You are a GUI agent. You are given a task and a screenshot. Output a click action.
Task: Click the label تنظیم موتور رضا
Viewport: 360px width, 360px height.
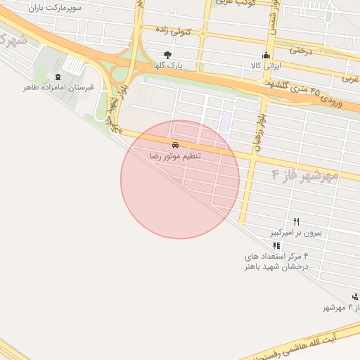(x=175, y=155)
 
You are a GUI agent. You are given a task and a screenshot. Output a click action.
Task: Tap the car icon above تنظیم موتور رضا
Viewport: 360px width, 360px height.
(x=175, y=146)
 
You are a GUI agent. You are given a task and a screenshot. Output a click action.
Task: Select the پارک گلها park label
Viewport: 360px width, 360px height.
(x=169, y=65)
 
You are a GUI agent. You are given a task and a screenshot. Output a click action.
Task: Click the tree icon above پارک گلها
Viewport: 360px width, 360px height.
(x=167, y=55)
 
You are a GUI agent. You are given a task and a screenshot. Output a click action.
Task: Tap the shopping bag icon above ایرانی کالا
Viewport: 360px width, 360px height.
(x=266, y=56)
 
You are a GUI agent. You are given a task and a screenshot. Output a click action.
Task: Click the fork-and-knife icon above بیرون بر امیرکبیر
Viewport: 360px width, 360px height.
(x=296, y=221)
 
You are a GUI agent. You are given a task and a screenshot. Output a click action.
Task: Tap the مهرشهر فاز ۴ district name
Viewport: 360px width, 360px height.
(x=304, y=173)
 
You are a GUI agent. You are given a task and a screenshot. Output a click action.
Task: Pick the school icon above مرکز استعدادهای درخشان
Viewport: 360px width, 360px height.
(x=276, y=246)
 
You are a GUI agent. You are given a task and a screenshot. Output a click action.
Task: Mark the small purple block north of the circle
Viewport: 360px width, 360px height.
(x=225, y=122)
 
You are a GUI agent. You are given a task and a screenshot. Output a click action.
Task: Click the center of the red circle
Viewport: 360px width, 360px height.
(x=180, y=180)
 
